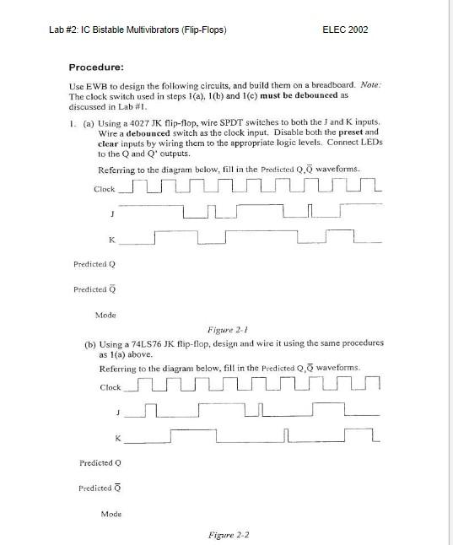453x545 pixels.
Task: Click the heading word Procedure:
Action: [96, 67]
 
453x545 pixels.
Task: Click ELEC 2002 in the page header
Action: [345, 30]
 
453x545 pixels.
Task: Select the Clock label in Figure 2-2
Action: [111, 387]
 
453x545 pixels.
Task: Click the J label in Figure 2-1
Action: [112, 213]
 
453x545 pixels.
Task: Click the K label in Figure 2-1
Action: [111, 240]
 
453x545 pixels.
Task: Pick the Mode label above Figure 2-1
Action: [106, 315]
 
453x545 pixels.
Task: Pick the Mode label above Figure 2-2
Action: [111, 514]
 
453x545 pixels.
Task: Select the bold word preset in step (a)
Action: [352, 132]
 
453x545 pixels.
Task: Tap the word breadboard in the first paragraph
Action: [330, 86]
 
